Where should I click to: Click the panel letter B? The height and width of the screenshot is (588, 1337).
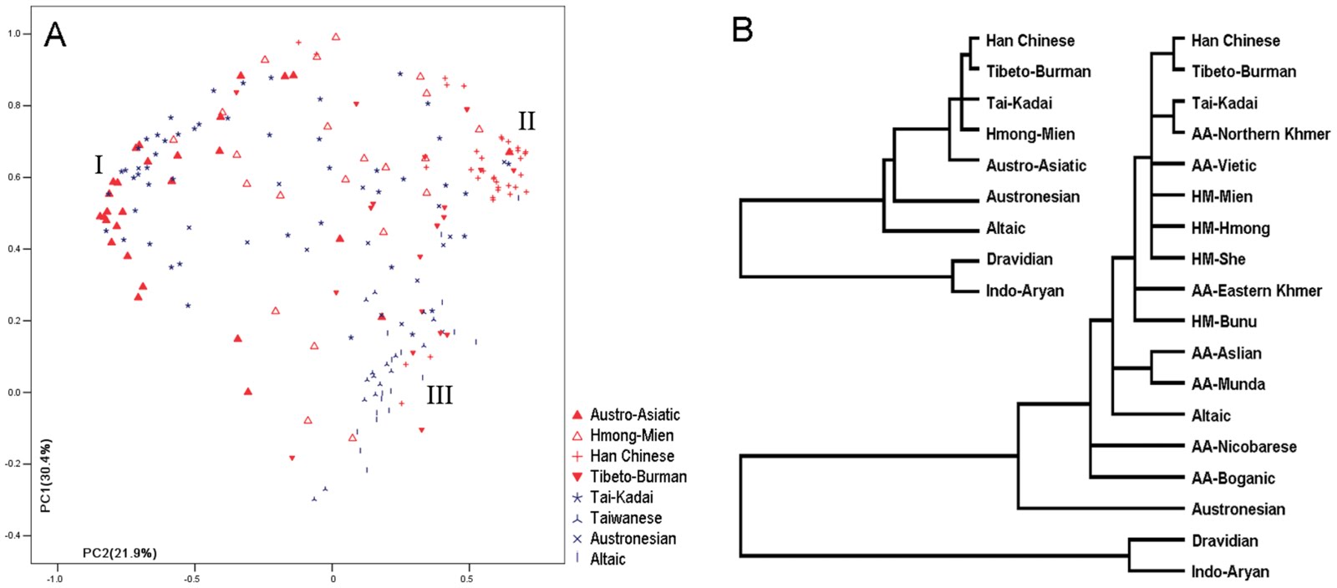(x=742, y=30)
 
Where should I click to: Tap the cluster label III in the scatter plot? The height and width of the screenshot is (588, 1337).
(x=440, y=395)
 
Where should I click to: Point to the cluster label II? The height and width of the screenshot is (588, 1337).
(x=526, y=122)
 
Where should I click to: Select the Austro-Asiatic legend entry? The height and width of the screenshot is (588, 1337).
(x=634, y=415)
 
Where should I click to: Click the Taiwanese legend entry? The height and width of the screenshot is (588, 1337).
(x=625, y=518)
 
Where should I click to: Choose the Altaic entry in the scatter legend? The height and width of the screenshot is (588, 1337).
(x=607, y=560)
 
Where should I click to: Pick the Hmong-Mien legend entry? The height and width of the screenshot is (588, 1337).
(x=631, y=435)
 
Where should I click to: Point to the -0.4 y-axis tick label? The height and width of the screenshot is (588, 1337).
(x=17, y=535)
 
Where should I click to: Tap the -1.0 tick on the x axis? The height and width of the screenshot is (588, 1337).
(x=55, y=578)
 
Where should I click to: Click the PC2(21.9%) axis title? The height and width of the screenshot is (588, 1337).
(x=119, y=553)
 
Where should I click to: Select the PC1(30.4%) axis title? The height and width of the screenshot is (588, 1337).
(x=45, y=476)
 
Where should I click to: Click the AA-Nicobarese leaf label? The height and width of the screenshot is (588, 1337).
(x=1243, y=447)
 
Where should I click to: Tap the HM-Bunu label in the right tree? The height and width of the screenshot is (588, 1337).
(x=1223, y=322)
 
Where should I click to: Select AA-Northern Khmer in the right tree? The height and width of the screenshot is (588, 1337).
(x=1260, y=134)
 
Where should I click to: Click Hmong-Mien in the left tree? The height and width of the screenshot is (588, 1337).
(x=1029, y=134)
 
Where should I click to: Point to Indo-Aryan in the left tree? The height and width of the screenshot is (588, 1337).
(x=1024, y=291)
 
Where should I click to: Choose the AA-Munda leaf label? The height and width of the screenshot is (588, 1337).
(x=1228, y=384)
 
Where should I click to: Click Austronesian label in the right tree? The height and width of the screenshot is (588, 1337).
(x=1238, y=509)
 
